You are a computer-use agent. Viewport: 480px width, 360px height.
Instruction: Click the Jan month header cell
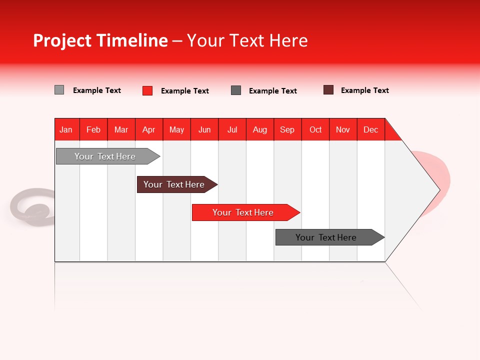[x=66, y=129]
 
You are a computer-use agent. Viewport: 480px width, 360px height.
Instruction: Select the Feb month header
[x=93, y=129]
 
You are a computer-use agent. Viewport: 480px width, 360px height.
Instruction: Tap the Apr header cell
[x=149, y=129]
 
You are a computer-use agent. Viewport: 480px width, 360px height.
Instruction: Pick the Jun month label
[x=204, y=129]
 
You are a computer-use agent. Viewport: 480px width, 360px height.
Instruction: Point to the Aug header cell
[x=260, y=129]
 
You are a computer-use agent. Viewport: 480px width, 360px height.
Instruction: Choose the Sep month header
[x=287, y=129]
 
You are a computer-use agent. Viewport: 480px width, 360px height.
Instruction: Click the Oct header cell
[x=315, y=129]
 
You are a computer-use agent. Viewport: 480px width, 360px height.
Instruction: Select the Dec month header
[x=371, y=129]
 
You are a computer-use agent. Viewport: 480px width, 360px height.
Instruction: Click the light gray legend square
[x=59, y=90]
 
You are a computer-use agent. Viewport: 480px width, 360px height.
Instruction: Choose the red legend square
[x=147, y=90]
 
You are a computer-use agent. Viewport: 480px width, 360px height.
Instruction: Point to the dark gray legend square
[x=236, y=90]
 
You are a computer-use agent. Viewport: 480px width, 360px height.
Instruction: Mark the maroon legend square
[x=328, y=90]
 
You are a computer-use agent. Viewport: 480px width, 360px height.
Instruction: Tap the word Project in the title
[x=62, y=40]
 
